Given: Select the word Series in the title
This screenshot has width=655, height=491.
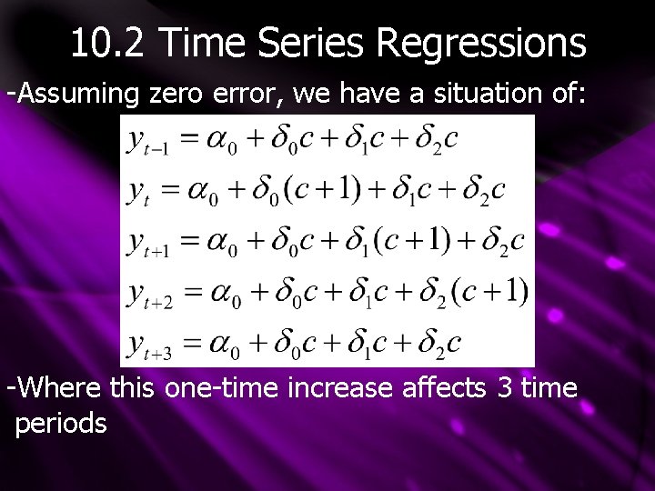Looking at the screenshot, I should point(313,42).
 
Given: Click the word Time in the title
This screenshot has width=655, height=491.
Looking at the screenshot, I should point(206,42).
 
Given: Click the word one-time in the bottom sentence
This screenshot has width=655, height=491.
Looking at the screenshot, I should point(222,388).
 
